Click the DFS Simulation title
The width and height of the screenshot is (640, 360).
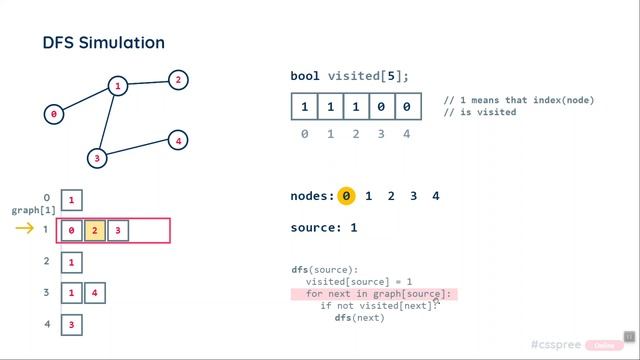[x=103, y=43]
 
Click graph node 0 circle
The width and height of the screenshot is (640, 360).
[x=54, y=114]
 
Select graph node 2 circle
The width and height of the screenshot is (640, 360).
[x=177, y=79]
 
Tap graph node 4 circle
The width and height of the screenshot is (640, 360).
[x=177, y=140]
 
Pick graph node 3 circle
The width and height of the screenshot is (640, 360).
[x=97, y=158]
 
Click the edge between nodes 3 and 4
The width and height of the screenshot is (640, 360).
[x=137, y=149]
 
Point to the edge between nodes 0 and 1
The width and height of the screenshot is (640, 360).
[x=85, y=100]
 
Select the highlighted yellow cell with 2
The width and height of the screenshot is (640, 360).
[x=95, y=231]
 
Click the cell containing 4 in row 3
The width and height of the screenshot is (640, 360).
[x=95, y=293]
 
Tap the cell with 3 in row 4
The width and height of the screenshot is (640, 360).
[x=71, y=325]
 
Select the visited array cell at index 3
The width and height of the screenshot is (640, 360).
[x=381, y=107]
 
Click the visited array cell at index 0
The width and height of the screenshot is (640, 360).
[x=304, y=107]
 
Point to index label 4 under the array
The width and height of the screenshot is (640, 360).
[x=406, y=133]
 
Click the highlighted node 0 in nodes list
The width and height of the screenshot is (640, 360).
[x=346, y=196]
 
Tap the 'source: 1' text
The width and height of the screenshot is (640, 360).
[x=323, y=228]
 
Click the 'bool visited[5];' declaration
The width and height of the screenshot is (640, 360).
[x=350, y=76]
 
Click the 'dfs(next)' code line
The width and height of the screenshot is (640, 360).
[x=359, y=318]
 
